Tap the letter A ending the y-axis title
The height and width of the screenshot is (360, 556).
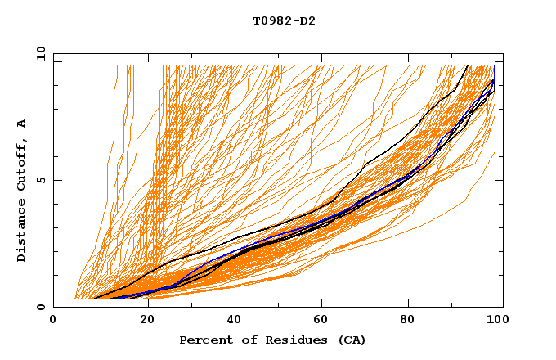[x=22, y=124]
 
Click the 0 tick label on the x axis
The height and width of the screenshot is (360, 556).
[x=53, y=320]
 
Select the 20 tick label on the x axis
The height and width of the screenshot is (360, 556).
[x=141, y=320]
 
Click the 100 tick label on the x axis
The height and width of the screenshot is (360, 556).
[x=495, y=320]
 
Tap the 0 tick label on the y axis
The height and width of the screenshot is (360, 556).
[x=42, y=307]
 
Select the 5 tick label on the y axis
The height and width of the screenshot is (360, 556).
[x=42, y=180]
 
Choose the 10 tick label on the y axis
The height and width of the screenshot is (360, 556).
[x=38, y=53]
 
